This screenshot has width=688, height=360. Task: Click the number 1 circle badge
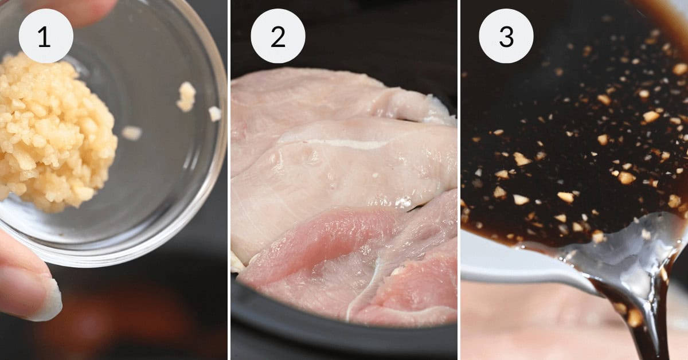[x=46, y=36]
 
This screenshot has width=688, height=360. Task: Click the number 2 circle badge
[x=277, y=36]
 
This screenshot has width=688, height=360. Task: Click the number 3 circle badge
[x=506, y=36]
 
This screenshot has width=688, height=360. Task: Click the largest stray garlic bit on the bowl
[x=186, y=96]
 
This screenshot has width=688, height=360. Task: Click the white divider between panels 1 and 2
[x=229, y=180]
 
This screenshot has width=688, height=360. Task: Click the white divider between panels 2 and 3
[x=459, y=180]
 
